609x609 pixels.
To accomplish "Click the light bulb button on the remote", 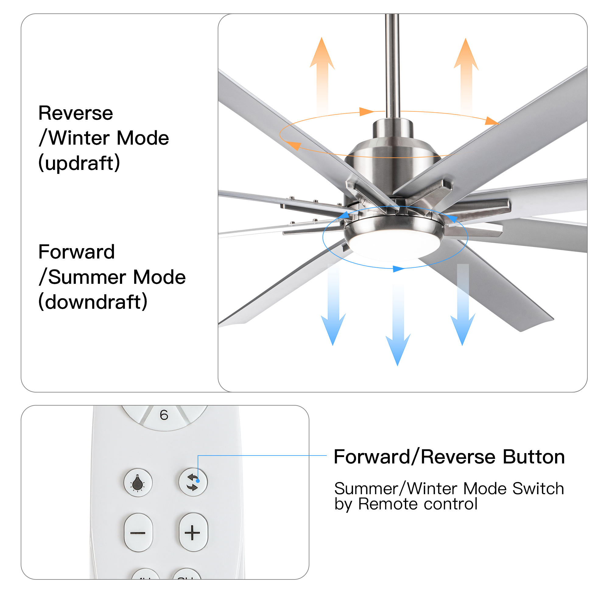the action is [x=138, y=483].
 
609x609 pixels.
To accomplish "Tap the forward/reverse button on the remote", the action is [x=193, y=482].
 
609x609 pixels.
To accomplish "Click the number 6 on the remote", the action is [x=164, y=415].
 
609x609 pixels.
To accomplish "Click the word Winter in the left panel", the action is [x=78, y=138].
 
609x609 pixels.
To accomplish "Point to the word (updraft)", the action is [x=79, y=163].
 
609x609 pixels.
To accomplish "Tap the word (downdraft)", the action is [x=93, y=301].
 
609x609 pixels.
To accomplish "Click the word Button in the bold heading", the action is [x=534, y=457].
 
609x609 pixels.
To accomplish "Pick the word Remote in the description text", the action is [x=387, y=504].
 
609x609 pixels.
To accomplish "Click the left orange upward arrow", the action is [x=322, y=76].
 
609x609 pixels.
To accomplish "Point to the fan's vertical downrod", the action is [x=393, y=66].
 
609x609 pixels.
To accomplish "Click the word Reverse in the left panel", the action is [x=76, y=113].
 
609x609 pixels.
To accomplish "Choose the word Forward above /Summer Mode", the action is [x=77, y=252].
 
